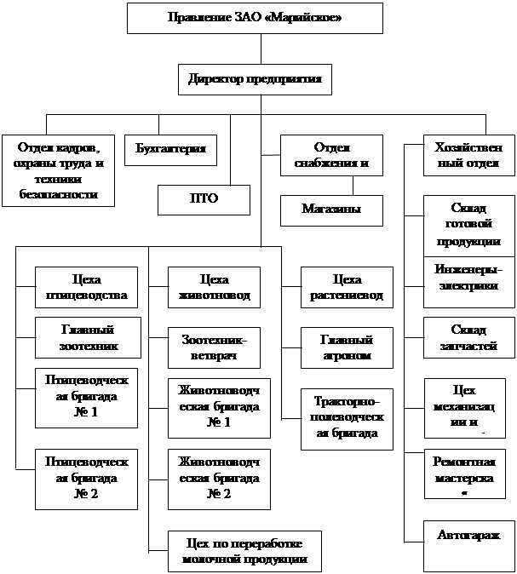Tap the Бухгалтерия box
(x=170, y=150)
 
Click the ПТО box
(x=204, y=198)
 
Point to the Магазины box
(x=330, y=209)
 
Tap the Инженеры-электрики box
(x=469, y=278)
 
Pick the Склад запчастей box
(x=469, y=337)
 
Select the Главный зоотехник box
(x=87, y=338)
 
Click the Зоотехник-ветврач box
(x=208, y=346)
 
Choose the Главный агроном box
(x=346, y=347)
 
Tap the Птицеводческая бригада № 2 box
(x=87, y=479)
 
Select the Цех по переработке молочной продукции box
(x=245, y=551)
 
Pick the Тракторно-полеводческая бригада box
(x=346, y=417)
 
